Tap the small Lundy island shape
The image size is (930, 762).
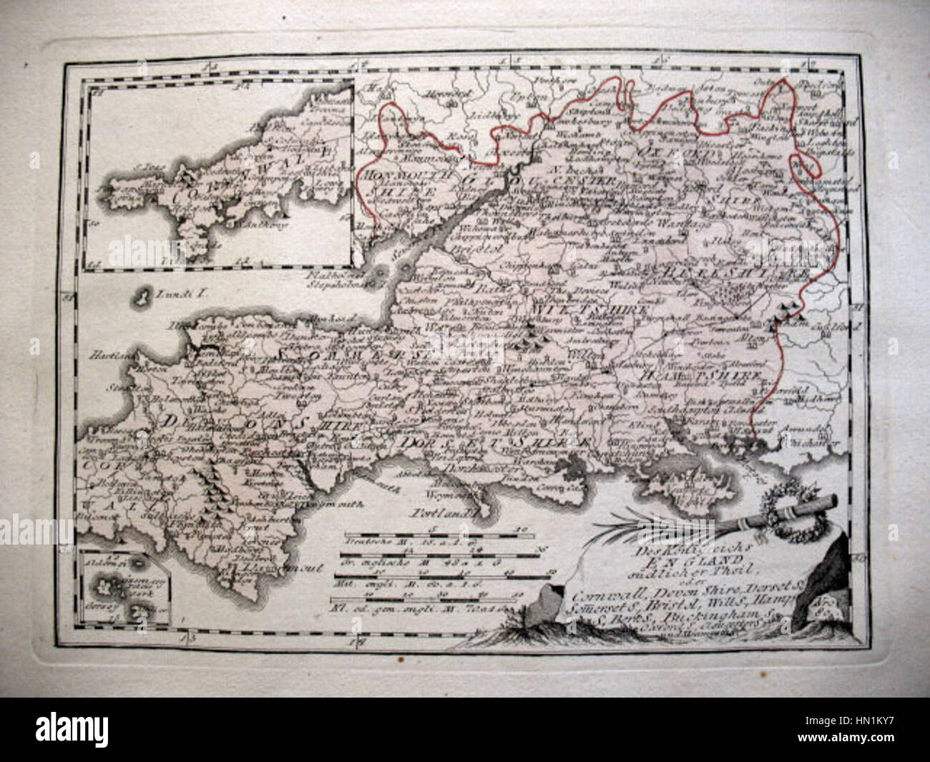pyautogui.click(x=143, y=293)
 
